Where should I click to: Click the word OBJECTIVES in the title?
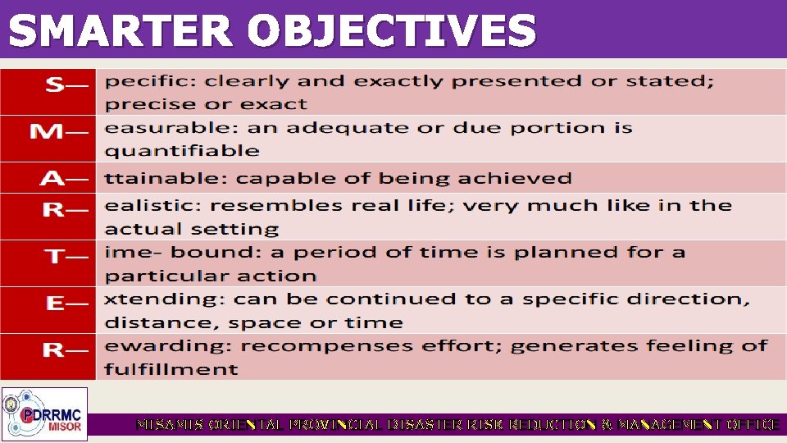coord(392,31)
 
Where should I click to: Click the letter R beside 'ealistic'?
coord(53,211)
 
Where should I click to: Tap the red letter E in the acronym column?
coord(55,304)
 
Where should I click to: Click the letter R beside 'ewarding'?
coord(53,351)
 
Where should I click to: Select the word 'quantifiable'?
coord(181,151)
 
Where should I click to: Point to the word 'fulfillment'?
coord(171,369)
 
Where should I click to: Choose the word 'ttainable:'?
coord(166,179)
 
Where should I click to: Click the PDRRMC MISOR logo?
coord(44,414)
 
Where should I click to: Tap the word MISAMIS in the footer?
coord(171,425)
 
